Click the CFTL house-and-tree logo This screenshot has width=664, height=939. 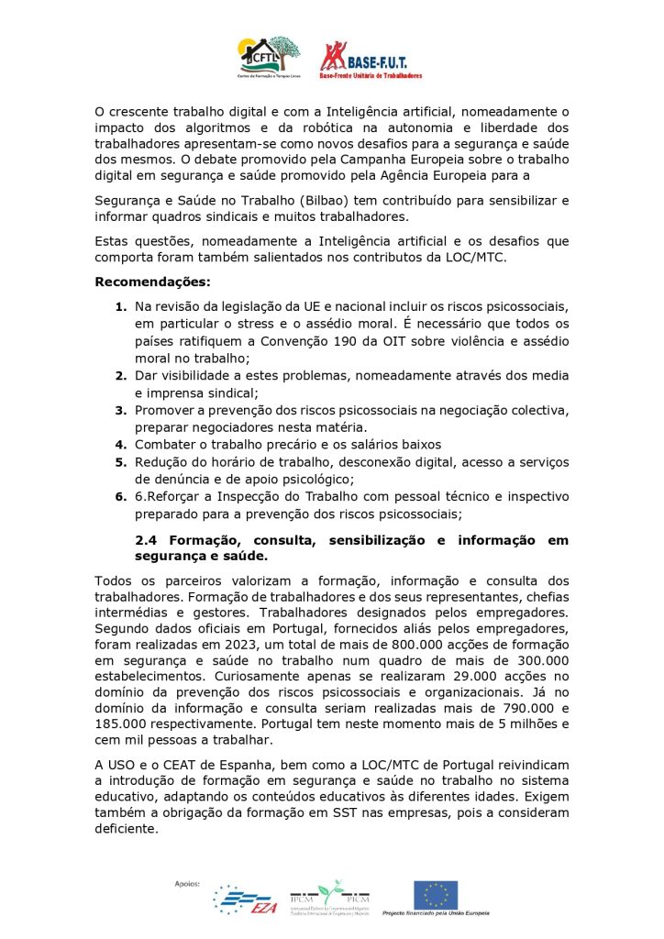click(270, 56)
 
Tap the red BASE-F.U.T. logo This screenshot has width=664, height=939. click(371, 58)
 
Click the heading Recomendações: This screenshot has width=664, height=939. click(152, 282)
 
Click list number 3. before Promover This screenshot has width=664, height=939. click(121, 410)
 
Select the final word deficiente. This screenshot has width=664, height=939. click(127, 829)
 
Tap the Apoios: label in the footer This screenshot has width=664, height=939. click(187, 884)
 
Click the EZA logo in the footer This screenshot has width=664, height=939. click(245, 899)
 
